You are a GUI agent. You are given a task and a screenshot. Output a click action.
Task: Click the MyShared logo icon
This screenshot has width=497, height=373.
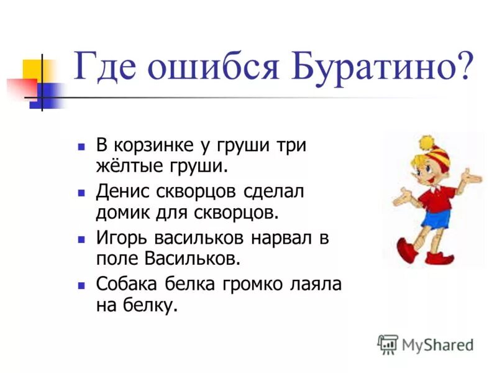pyautogui.click(x=388, y=344)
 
